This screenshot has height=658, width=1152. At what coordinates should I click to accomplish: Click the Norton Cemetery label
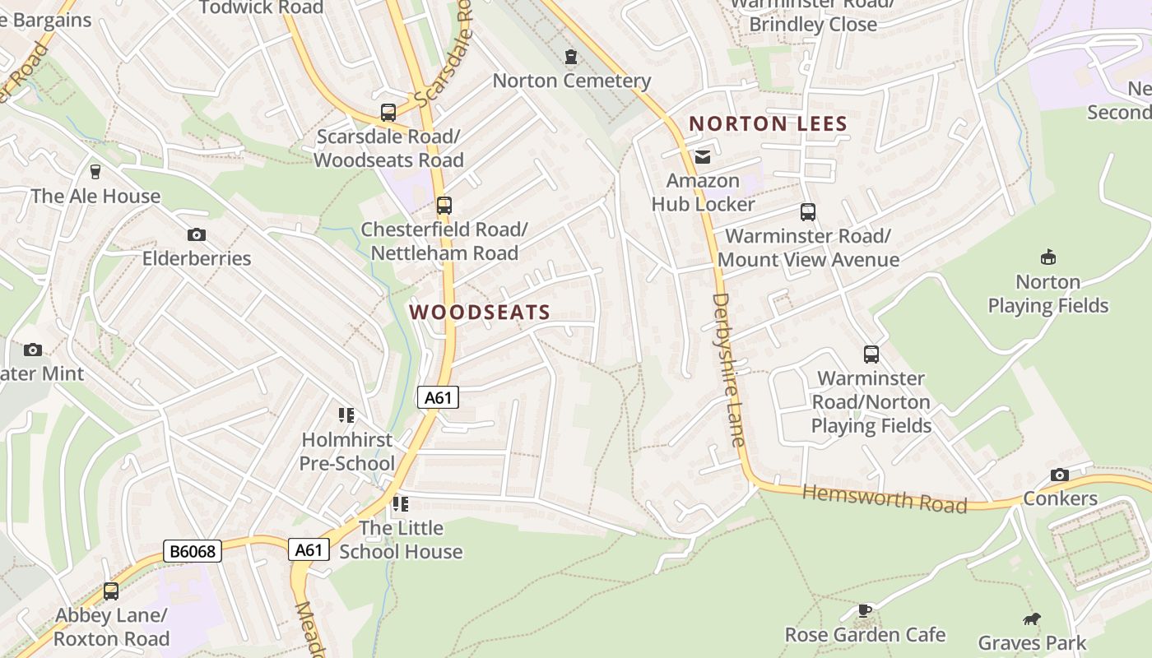(572, 81)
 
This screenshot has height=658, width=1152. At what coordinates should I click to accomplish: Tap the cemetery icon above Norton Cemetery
(570, 57)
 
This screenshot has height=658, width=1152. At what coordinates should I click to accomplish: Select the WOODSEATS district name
(480, 313)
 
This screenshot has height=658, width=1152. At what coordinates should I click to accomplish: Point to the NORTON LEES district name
(768, 124)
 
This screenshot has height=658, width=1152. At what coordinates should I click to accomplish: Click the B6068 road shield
(193, 551)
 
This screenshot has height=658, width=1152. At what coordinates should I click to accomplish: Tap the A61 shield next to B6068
(309, 549)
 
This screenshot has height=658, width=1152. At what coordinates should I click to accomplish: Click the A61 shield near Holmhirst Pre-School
(438, 398)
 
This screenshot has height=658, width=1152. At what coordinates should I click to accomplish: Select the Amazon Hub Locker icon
(703, 156)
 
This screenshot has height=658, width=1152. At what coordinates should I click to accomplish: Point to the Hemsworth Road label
(885, 498)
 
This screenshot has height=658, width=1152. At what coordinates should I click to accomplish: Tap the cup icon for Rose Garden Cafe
(864, 610)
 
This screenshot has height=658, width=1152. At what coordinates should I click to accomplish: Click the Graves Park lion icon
(1031, 619)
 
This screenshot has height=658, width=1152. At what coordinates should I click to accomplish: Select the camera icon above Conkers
(1060, 475)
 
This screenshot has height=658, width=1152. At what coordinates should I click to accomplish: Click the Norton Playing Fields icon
(1047, 257)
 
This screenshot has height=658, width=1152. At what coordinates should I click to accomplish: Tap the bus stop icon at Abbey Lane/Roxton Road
(110, 591)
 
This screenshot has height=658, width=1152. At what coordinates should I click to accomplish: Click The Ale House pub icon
(95, 172)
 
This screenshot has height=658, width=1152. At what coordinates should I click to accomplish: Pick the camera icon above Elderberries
(196, 234)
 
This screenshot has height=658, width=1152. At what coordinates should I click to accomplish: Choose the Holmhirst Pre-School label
(346, 452)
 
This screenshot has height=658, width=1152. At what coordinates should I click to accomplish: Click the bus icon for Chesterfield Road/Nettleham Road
(444, 205)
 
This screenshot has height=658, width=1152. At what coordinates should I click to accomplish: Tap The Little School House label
(401, 540)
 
